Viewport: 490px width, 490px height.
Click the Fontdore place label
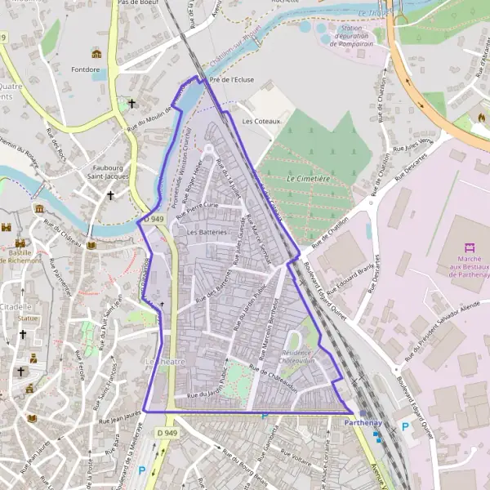coord(86,70)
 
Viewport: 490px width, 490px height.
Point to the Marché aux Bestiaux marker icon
coord(469,247)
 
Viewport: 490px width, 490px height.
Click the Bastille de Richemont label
coord(24,256)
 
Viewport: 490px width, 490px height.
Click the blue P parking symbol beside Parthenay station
coord(403,427)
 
